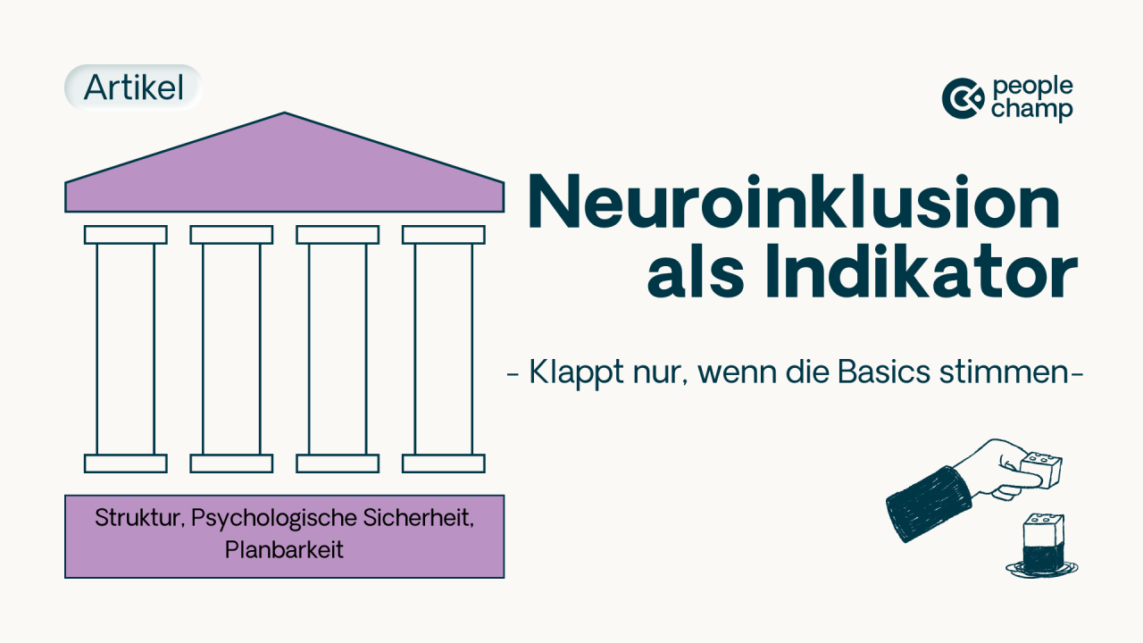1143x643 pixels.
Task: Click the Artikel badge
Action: (134, 88)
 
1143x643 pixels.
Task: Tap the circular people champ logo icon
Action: (963, 98)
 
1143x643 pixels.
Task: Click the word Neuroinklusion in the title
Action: (795, 203)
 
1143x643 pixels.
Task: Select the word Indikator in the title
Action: (922, 271)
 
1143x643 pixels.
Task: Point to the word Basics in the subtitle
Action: (884, 372)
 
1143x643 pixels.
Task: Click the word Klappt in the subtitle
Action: (576, 373)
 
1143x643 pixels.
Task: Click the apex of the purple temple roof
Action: (284, 113)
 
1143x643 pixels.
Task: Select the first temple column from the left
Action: (126, 349)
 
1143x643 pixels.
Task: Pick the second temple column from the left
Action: (231, 349)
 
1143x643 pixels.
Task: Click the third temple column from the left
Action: (338, 349)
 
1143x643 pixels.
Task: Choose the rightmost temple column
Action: (444, 349)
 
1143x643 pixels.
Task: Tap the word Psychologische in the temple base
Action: (274, 519)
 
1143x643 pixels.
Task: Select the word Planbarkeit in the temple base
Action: (284, 549)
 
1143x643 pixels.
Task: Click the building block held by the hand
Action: (1041, 470)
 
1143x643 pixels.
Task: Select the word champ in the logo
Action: (1032, 109)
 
